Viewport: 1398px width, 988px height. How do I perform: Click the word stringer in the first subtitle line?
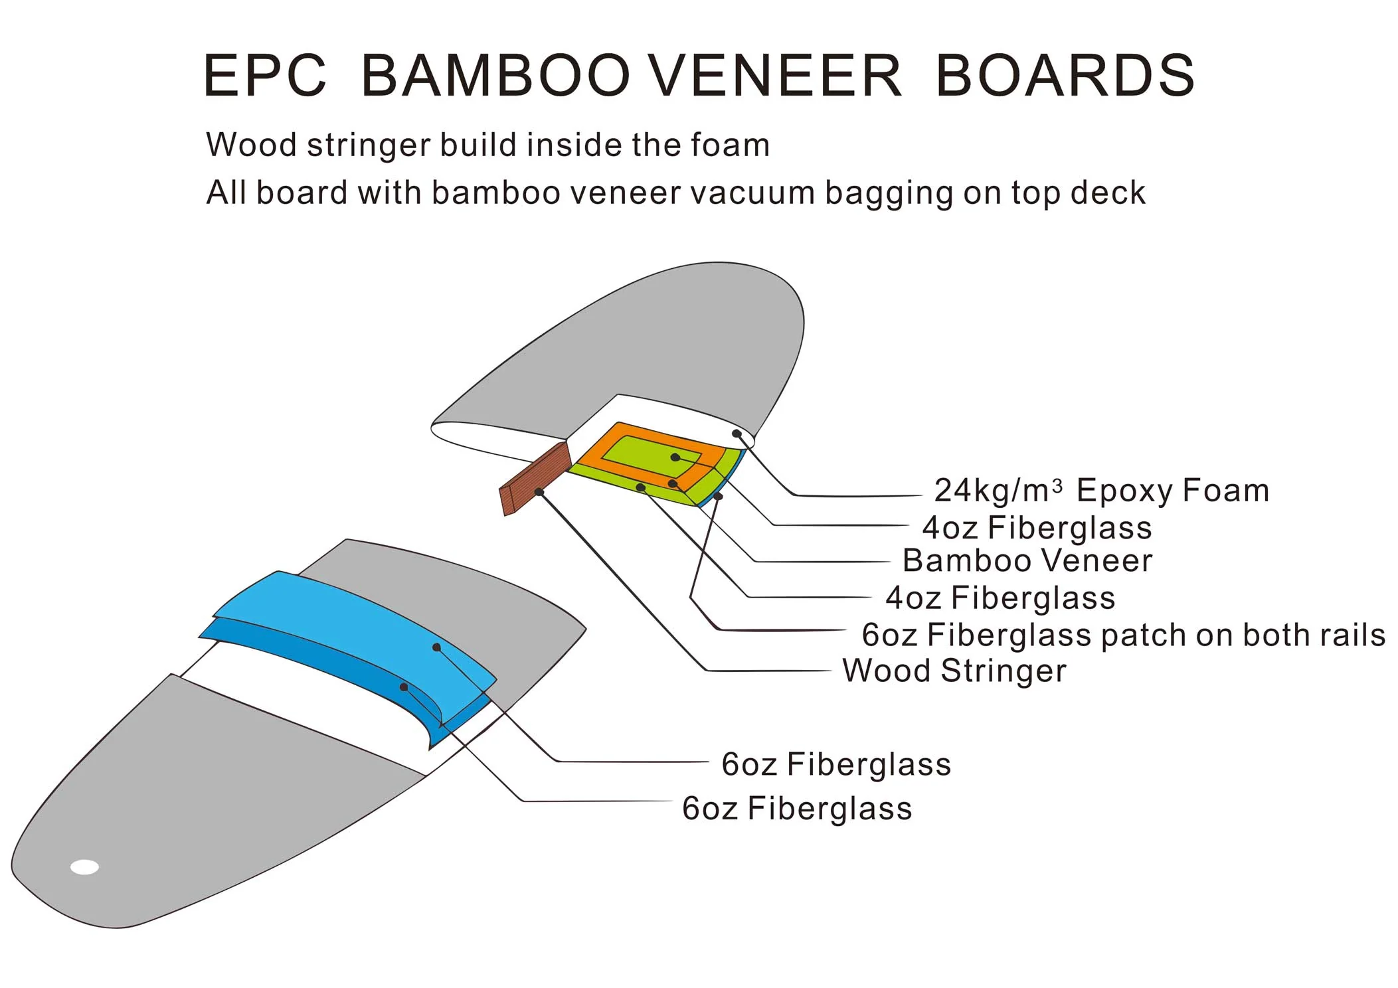[369, 145]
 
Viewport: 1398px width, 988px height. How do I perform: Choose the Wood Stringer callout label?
[954, 671]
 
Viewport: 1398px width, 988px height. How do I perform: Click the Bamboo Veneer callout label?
[1027, 560]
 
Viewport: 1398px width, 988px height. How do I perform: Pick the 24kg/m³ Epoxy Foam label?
[1101, 491]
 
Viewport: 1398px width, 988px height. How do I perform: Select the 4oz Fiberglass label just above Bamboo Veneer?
[1036, 528]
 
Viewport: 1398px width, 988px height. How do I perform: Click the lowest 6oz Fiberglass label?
[796, 809]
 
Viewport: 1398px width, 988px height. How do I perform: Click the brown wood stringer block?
[535, 478]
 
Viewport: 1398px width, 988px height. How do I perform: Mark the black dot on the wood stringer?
[539, 492]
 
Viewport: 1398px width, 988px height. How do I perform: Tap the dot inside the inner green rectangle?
[675, 457]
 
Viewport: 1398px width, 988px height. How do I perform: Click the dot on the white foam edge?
[737, 434]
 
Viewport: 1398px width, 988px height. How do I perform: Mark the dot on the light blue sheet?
[436, 647]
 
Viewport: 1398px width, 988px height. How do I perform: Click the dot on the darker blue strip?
[404, 687]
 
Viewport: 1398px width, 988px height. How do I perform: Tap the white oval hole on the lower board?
[85, 867]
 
